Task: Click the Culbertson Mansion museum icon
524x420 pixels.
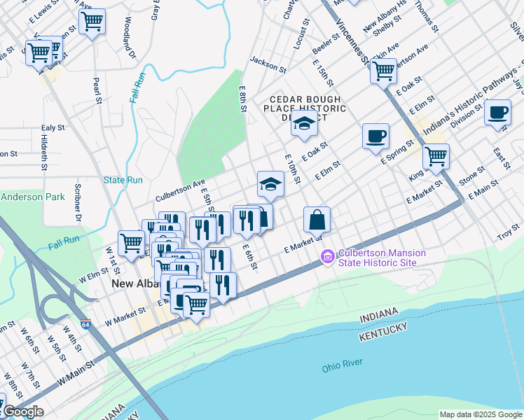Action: [x=327, y=258]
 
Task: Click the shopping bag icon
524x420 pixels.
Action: [x=317, y=220]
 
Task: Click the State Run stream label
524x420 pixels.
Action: [x=123, y=180]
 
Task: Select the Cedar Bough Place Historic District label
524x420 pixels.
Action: [x=305, y=108]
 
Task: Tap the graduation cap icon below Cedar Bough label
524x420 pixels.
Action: [x=304, y=125]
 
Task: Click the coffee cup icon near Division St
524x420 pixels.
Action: [x=498, y=113]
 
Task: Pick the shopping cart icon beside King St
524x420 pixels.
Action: [x=436, y=156]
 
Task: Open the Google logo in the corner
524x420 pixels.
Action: [x=23, y=412]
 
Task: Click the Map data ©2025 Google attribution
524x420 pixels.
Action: [x=480, y=414]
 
